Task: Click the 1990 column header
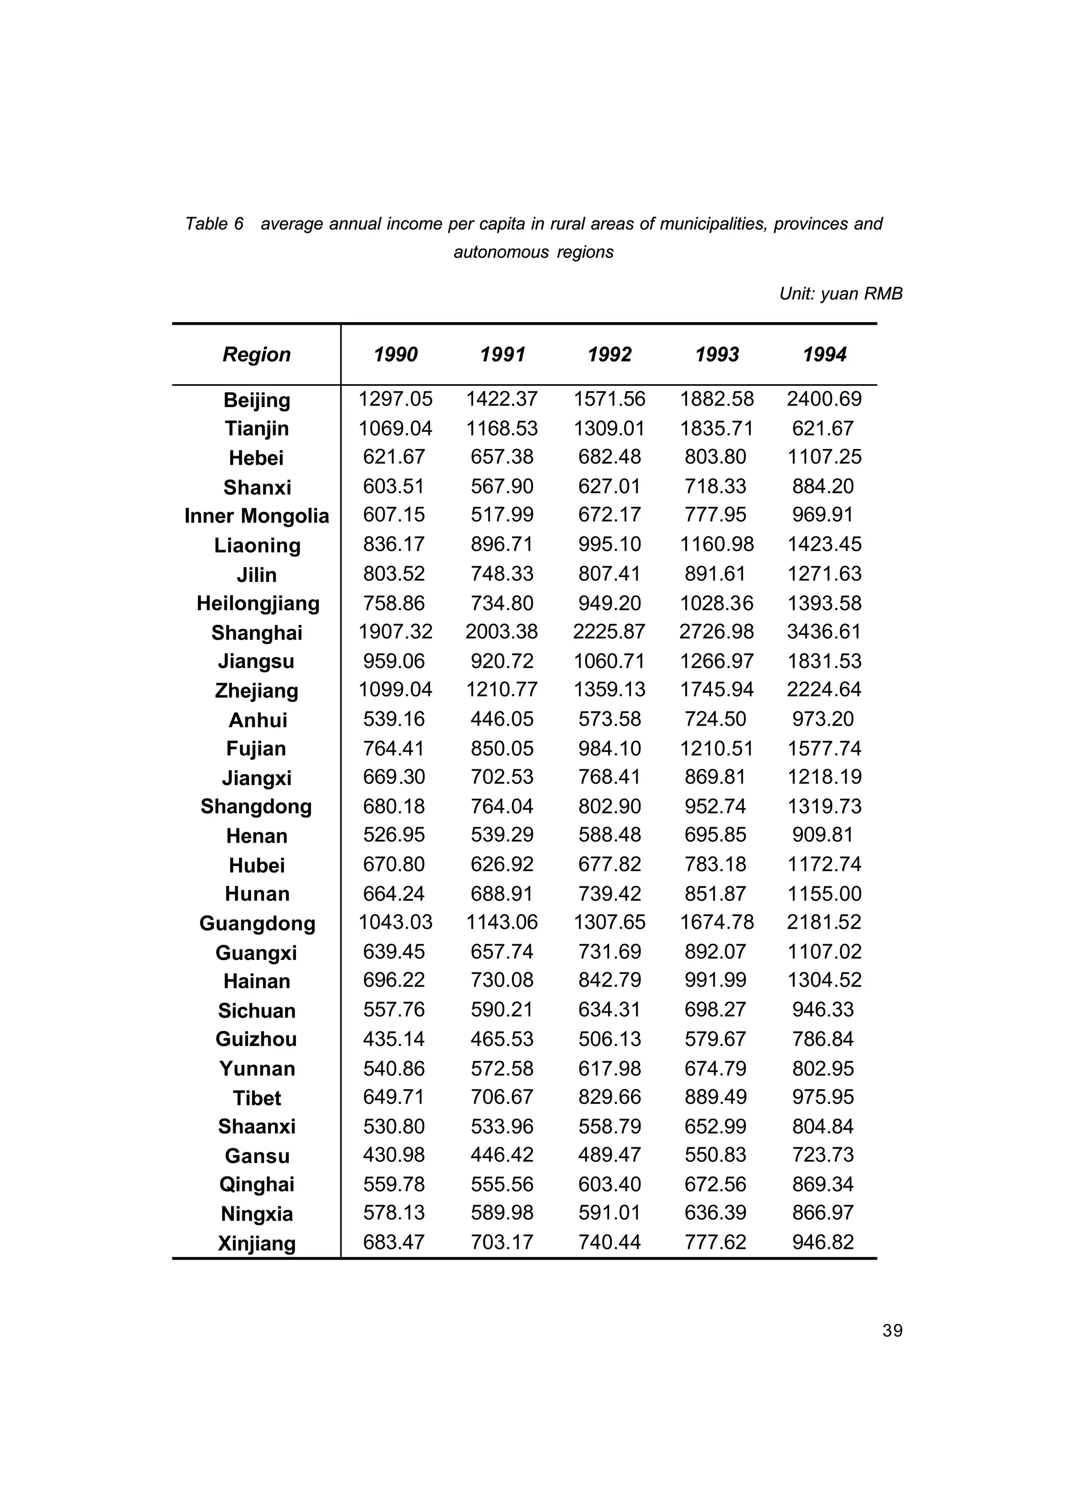tap(395, 355)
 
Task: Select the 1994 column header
tap(824, 355)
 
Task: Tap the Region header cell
tap(256, 355)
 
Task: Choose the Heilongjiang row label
tap(257, 603)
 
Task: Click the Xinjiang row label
tap(256, 1243)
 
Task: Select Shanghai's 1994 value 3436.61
tap(824, 632)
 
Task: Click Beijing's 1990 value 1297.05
tap(395, 399)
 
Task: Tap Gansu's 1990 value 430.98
tap(394, 1155)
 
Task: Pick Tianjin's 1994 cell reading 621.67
tap(823, 429)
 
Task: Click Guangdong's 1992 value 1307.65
tap(610, 922)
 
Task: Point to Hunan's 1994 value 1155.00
tap(824, 894)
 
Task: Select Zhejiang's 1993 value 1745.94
tap(717, 690)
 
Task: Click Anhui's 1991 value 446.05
tap(502, 719)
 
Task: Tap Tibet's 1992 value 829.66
tap(610, 1097)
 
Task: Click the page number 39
tap(892, 1331)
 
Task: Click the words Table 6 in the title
tap(214, 224)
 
